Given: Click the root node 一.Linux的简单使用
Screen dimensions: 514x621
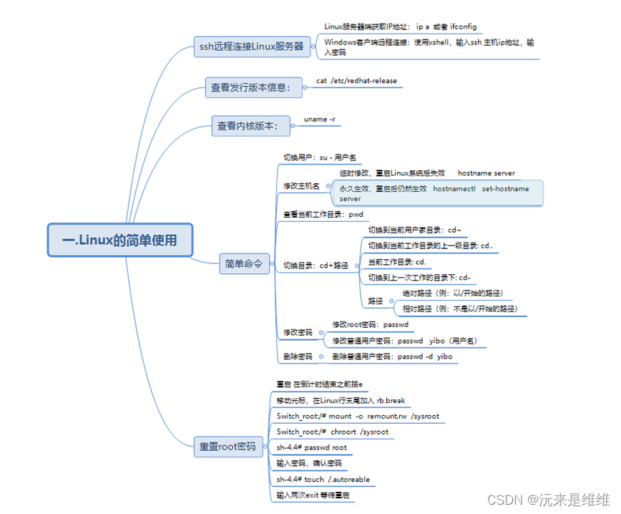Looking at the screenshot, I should point(120,240).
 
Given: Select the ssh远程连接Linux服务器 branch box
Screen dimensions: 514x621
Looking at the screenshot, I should point(251,48).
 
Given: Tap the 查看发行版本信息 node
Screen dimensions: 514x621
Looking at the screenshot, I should point(251,88).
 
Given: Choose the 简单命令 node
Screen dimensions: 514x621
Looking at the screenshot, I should point(243,264).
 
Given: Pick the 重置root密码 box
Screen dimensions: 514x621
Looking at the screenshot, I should point(228,447).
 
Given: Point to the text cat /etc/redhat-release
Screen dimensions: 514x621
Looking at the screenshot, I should point(356,81).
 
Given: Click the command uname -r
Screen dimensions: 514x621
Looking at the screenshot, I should point(320,119).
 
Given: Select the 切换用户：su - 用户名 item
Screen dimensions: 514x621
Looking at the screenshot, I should point(319,157).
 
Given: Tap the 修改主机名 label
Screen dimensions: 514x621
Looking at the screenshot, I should point(301,186).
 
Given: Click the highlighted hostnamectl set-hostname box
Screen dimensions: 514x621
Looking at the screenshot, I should point(436,193).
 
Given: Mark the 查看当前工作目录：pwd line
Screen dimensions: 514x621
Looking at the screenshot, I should point(323,214).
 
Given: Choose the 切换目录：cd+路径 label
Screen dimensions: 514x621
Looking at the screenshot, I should point(316,265).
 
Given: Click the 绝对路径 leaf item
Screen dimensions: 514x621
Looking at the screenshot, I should point(453,293).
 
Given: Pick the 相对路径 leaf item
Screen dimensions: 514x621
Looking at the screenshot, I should point(459,309).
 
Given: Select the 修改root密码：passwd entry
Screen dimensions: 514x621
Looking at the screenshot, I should point(370,325).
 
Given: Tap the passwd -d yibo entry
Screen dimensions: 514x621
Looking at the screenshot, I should point(392,356).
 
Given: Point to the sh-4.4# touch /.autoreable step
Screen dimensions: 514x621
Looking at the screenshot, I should point(323,479).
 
